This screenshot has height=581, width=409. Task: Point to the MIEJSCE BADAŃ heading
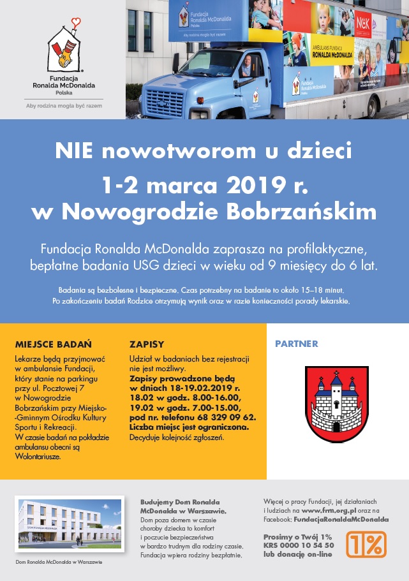[53, 343]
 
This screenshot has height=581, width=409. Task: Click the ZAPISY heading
[146, 343]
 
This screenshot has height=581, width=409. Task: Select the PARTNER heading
[296, 344]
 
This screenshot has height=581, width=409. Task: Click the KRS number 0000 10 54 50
[305, 545]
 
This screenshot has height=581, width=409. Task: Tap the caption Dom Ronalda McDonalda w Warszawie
[58, 562]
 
